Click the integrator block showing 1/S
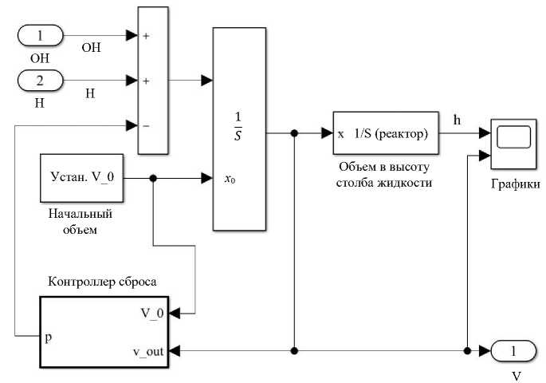(238, 128)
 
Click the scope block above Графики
(512, 144)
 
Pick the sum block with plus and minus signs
(154, 80)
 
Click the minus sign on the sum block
(147, 125)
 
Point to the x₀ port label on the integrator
(230, 180)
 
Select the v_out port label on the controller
(147, 350)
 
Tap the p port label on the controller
(49, 337)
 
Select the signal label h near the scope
(457, 120)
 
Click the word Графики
(516, 184)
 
